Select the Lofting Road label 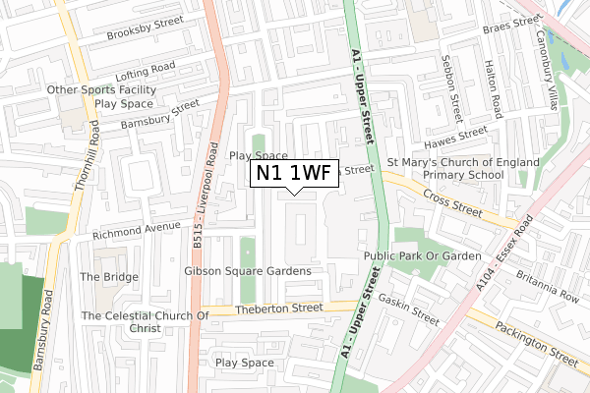tap(145, 71)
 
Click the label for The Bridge tap(109, 277)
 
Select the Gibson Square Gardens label tap(248, 270)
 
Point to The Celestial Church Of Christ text tap(146, 321)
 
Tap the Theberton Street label tap(279, 308)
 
